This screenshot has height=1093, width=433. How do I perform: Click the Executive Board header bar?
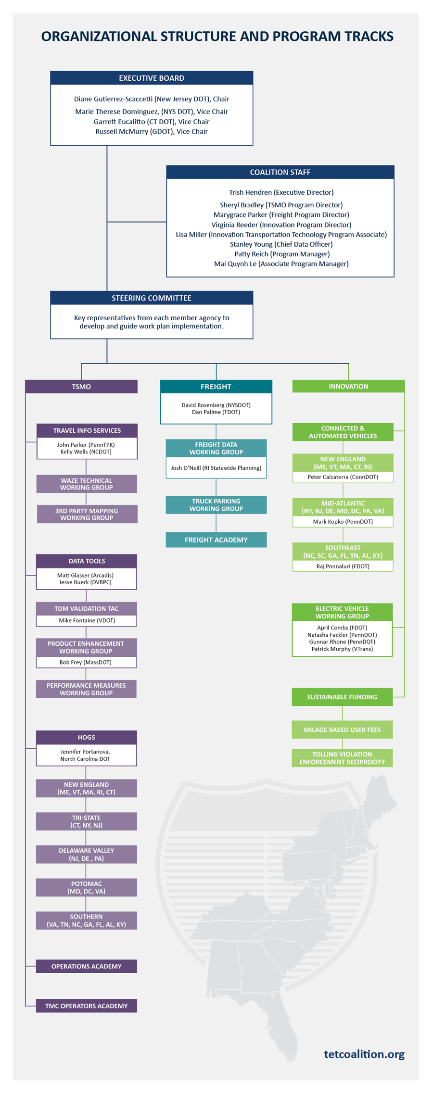152,78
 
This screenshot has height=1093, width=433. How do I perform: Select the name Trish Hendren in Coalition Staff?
251,192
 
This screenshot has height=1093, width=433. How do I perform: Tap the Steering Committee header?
152,298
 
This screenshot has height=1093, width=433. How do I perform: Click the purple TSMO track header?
81,387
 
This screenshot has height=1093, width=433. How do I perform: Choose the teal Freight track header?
216,387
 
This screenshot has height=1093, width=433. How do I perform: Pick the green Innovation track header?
348,386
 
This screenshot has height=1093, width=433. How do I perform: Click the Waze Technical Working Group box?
87,484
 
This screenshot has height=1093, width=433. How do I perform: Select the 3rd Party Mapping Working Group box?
87,514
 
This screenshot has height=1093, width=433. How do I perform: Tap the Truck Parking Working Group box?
216,505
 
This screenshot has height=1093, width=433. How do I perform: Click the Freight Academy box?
216,540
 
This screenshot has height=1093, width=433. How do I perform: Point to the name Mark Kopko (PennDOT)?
343,522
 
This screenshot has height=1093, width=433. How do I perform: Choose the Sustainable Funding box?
342,697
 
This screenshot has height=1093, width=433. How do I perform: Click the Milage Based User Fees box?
342,729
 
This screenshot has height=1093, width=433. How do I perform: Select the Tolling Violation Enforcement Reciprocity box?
342,758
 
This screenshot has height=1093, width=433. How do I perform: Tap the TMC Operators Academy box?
87,1006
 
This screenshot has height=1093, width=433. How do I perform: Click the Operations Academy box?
87,966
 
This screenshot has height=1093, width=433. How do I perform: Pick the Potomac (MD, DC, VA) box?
87,887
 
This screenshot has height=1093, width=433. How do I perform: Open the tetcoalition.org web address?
364,1054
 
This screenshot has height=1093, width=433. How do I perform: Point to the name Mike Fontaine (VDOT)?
87,620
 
